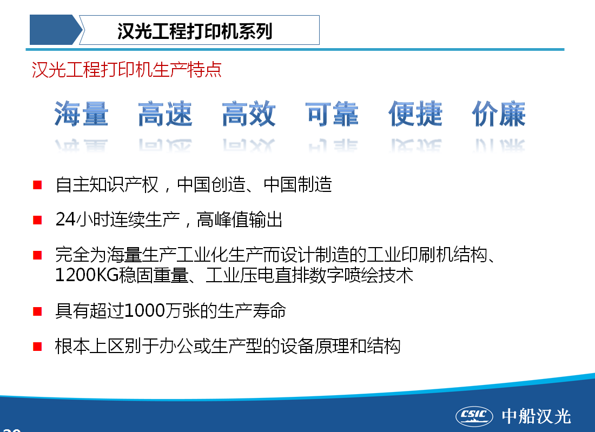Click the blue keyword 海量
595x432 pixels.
click(x=81, y=114)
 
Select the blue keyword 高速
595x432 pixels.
click(x=165, y=114)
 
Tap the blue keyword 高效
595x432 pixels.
click(x=249, y=114)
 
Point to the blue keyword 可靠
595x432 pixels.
click(x=332, y=114)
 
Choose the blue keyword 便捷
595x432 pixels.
click(x=415, y=114)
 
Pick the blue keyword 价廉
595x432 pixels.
click(x=499, y=114)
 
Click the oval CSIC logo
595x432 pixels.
click(x=474, y=416)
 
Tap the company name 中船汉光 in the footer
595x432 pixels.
click(x=536, y=416)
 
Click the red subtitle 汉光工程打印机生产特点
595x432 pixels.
click(x=127, y=70)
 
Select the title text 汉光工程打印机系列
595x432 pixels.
click(x=195, y=31)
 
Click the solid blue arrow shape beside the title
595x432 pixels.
click(x=56, y=30)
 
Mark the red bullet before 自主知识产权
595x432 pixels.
click(x=37, y=185)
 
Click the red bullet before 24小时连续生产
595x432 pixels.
click(x=37, y=220)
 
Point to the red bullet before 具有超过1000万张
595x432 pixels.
click(x=37, y=311)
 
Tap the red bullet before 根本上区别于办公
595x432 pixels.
click(x=37, y=346)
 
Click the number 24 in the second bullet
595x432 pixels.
click(x=65, y=219)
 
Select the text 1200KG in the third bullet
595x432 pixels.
click(x=87, y=275)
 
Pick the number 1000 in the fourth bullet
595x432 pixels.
click(x=144, y=311)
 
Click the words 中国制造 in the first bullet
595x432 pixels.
click(x=298, y=185)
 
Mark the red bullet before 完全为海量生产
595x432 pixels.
click(x=37, y=255)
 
